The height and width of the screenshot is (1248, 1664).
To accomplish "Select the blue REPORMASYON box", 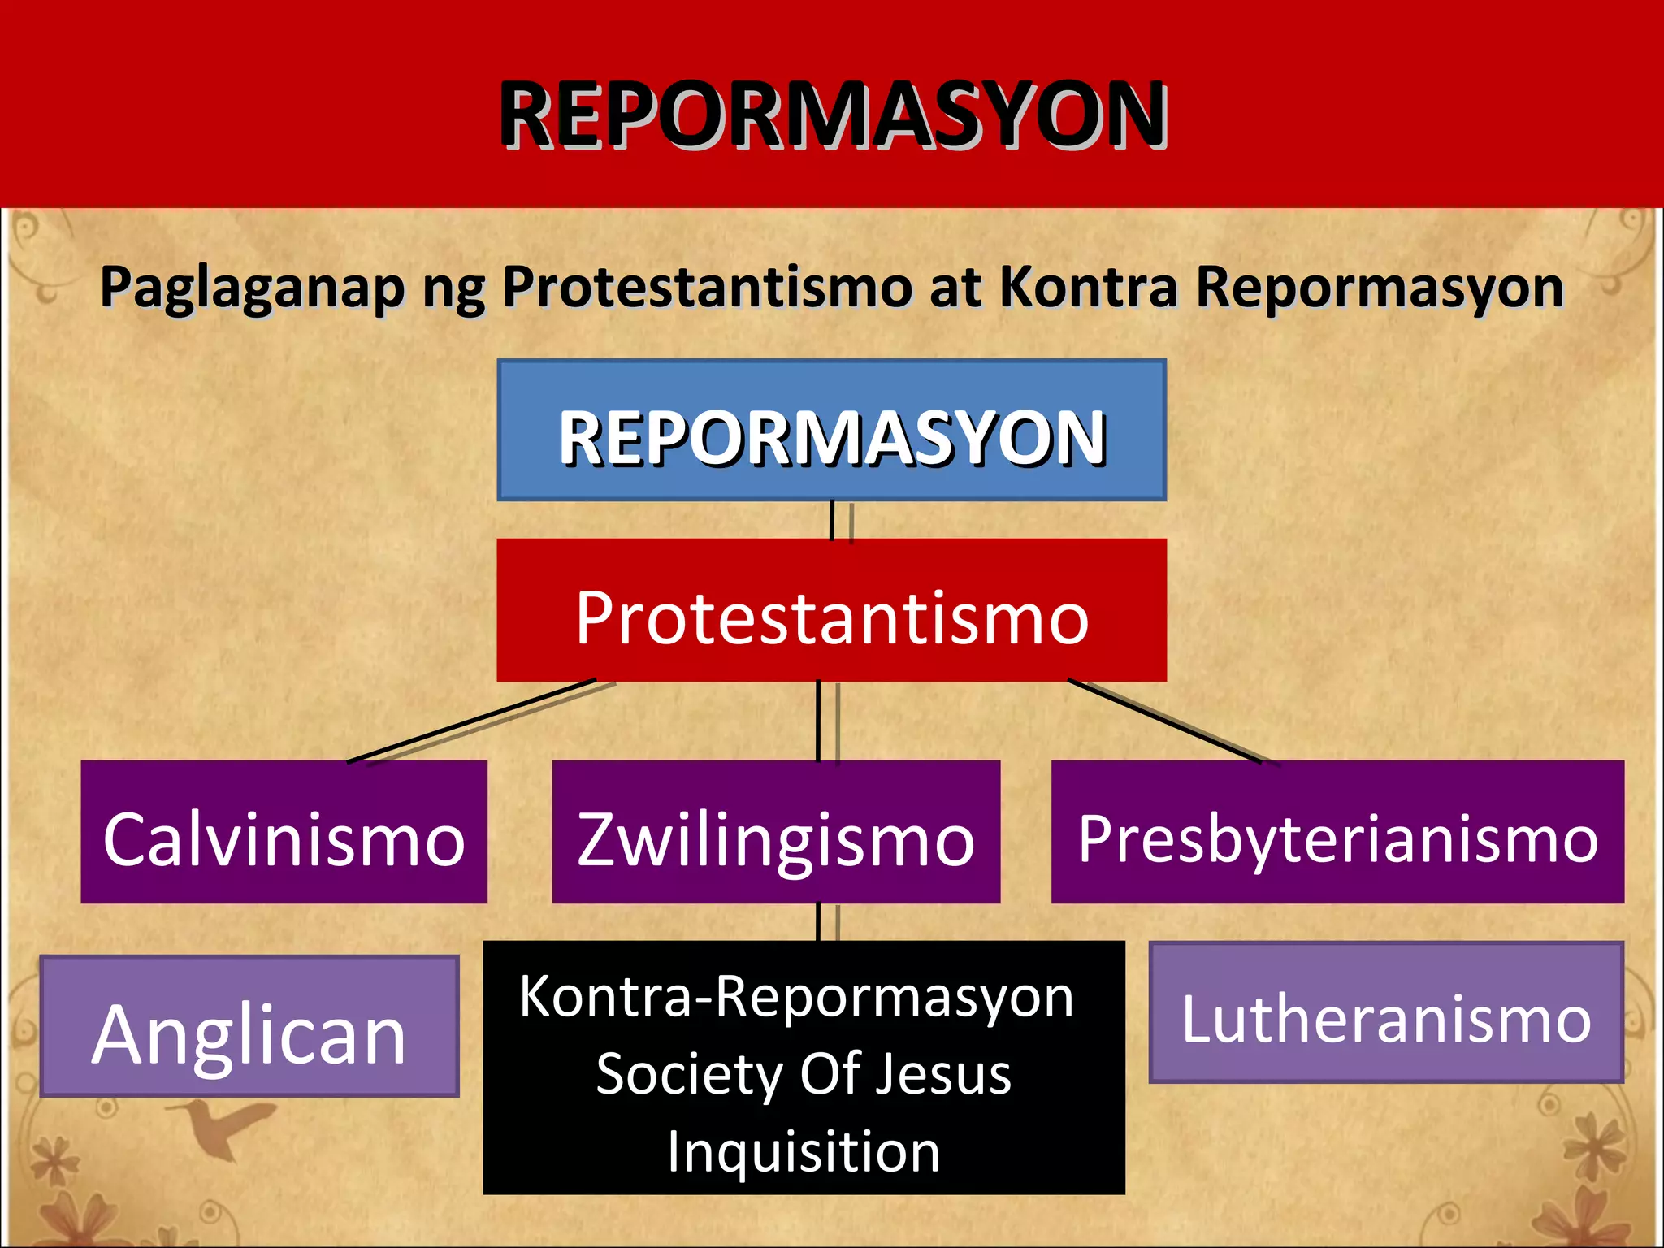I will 831,431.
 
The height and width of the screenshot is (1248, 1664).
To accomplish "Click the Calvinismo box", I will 284,832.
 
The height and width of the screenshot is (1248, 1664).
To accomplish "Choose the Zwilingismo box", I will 776,832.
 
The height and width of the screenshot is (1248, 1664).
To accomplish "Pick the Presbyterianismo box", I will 1337,832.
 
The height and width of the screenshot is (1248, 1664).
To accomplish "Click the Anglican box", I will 249,1027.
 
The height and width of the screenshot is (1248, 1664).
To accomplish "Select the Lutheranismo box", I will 1386,1012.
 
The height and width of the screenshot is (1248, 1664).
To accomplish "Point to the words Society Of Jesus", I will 804,1074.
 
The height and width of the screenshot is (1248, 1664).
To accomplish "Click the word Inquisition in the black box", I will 804,1152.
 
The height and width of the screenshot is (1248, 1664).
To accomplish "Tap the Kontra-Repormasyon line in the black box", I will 796,996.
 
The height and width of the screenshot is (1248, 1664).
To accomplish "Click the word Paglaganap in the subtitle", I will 252,288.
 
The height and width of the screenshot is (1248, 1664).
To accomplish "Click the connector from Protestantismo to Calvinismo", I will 471,721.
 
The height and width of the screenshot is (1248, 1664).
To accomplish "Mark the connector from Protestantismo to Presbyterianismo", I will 1163,721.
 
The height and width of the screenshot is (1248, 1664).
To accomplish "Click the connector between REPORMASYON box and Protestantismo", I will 832,520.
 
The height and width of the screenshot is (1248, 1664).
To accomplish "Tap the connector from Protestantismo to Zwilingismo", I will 818,721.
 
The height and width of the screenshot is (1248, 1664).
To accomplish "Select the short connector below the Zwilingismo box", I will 818,922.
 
